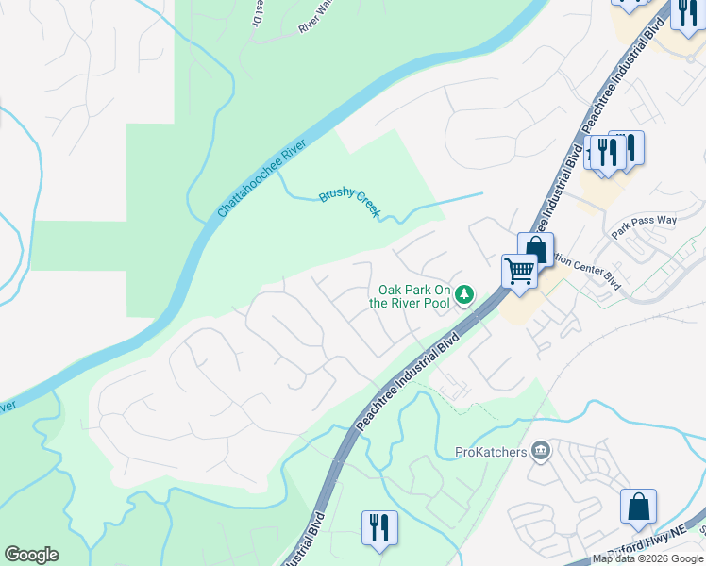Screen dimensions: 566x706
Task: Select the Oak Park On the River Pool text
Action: pyautogui.click(x=414, y=296)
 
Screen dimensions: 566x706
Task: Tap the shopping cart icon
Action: pyautogui.click(x=518, y=272)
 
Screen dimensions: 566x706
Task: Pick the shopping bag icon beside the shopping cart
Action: pyautogui.click(x=535, y=250)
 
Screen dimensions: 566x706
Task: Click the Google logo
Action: pyautogui.click(x=31, y=555)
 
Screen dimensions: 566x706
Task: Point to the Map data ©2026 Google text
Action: pyautogui.click(x=648, y=559)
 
